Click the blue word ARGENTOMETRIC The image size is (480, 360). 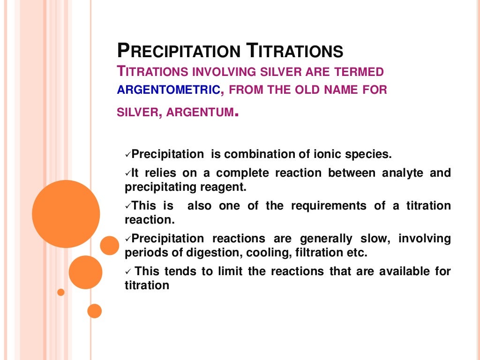click(168, 90)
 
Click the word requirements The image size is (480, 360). click(329, 206)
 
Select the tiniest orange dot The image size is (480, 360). click(60, 292)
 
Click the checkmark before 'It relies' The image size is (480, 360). click(127, 173)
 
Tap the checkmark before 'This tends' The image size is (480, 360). click(127, 271)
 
